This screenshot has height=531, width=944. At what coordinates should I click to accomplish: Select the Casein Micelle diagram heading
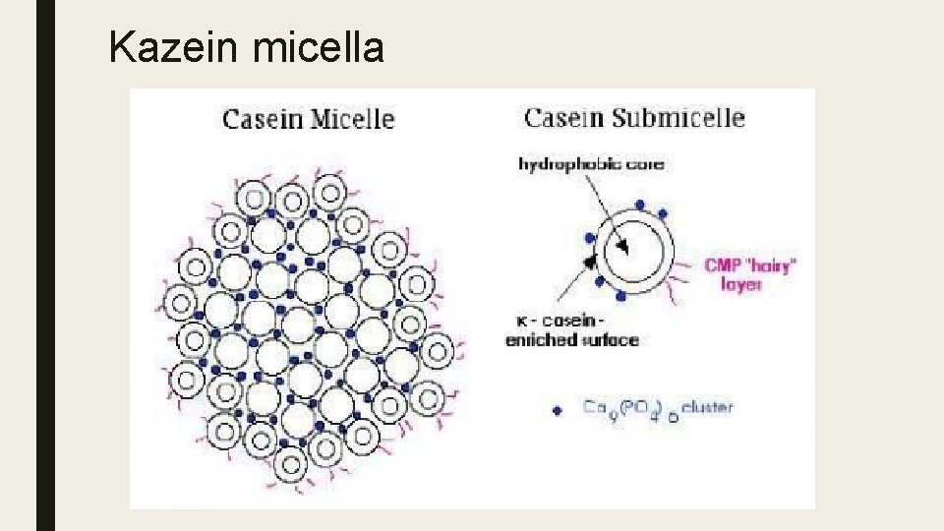[x=309, y=120]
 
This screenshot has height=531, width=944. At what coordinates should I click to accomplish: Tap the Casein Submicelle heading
[x=634, y=119]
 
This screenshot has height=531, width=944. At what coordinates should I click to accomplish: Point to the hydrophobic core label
[x=591, y=164]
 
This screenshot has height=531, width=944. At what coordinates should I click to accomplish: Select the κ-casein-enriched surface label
[x=572, y=330]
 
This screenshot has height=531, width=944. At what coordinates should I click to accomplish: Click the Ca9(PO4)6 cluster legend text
[x=656, y=407]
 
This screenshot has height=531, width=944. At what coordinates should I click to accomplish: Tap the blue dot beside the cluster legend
[x=558, y=411]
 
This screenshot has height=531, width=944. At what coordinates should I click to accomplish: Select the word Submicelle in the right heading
[x=678, y=119]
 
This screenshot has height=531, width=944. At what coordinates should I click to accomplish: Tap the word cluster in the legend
[x=708, y=406]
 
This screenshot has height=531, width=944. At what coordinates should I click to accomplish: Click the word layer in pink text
[x=741, y=284]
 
